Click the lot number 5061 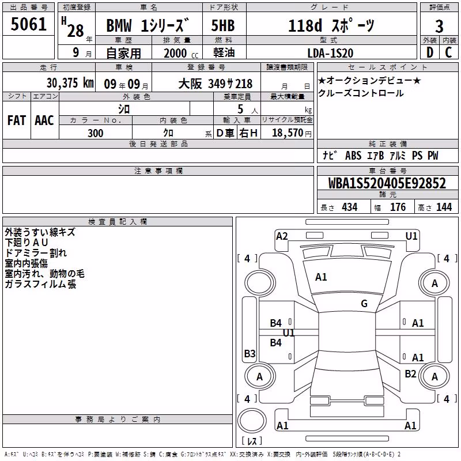pos(28,24)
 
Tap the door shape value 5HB pos(223,25)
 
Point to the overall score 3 pos(439,27)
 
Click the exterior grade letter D pos(430,52)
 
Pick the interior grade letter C pos(448,52)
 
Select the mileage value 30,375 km pos(70,83)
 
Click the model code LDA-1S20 pos(330,53)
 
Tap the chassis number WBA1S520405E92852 pos(387,183)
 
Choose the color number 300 pos(96,133)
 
